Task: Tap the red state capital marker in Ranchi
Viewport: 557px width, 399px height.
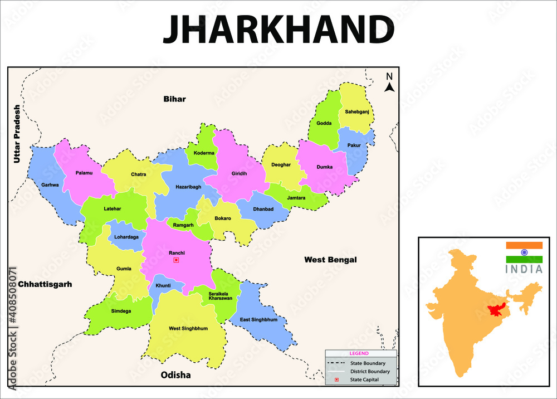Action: (x=176, y=260)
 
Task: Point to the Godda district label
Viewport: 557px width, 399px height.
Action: (x=324, y=123)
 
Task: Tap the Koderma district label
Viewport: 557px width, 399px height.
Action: (x=204, y=153)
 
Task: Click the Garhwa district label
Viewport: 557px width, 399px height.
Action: (x=50, y=185)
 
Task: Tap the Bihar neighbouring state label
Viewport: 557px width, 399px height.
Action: (x=174, y=99)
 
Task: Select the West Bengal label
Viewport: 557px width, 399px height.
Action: (x=330, y=260)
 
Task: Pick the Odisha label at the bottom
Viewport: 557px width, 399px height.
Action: (x=175, y=375)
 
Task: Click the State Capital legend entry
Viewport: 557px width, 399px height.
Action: (x=364, y=379)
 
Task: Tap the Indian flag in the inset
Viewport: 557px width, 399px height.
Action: (x=524, y=252)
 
